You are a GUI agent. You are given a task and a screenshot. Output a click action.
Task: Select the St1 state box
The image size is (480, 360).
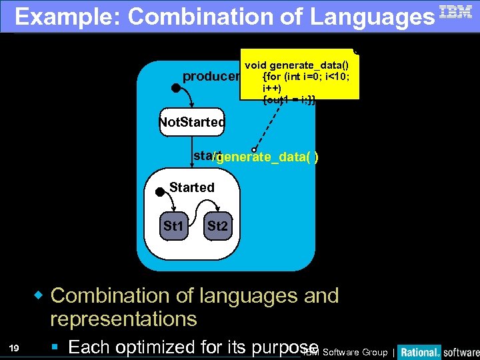pos(173,227)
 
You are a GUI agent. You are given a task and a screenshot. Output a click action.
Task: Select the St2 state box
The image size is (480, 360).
pos(217,227)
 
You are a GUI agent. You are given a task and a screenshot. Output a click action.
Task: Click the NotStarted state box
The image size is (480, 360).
pos(192,123)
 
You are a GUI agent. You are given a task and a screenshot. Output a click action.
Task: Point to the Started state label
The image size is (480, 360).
pos(192,187)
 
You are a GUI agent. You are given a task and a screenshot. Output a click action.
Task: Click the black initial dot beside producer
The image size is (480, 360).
pos(175,87)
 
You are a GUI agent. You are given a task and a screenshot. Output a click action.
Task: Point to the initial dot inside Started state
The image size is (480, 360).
pos(160,192)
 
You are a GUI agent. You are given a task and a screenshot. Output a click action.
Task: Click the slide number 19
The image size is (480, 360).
pos(15,347)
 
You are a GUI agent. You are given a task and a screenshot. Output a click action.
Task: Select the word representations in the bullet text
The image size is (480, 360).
pos(123,319)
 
